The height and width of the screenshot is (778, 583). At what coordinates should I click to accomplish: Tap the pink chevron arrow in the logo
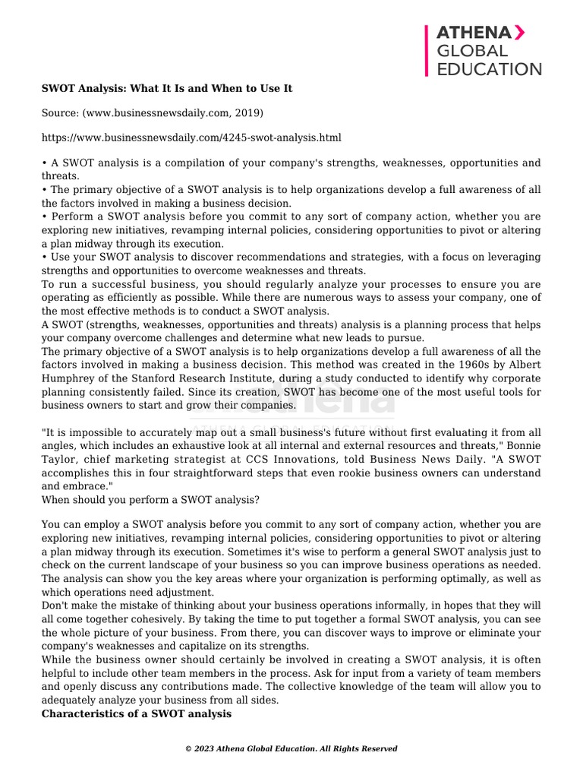pos(518,33)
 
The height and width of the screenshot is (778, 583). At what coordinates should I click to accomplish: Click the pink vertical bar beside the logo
pos(427,50)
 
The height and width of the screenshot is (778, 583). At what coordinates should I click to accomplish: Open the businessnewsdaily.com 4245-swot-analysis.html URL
pos(191,138)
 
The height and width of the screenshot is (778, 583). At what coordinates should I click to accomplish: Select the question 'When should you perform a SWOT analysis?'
pos(150,500)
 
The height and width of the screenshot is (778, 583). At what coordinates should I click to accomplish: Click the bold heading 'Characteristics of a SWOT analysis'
pos(137,715)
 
